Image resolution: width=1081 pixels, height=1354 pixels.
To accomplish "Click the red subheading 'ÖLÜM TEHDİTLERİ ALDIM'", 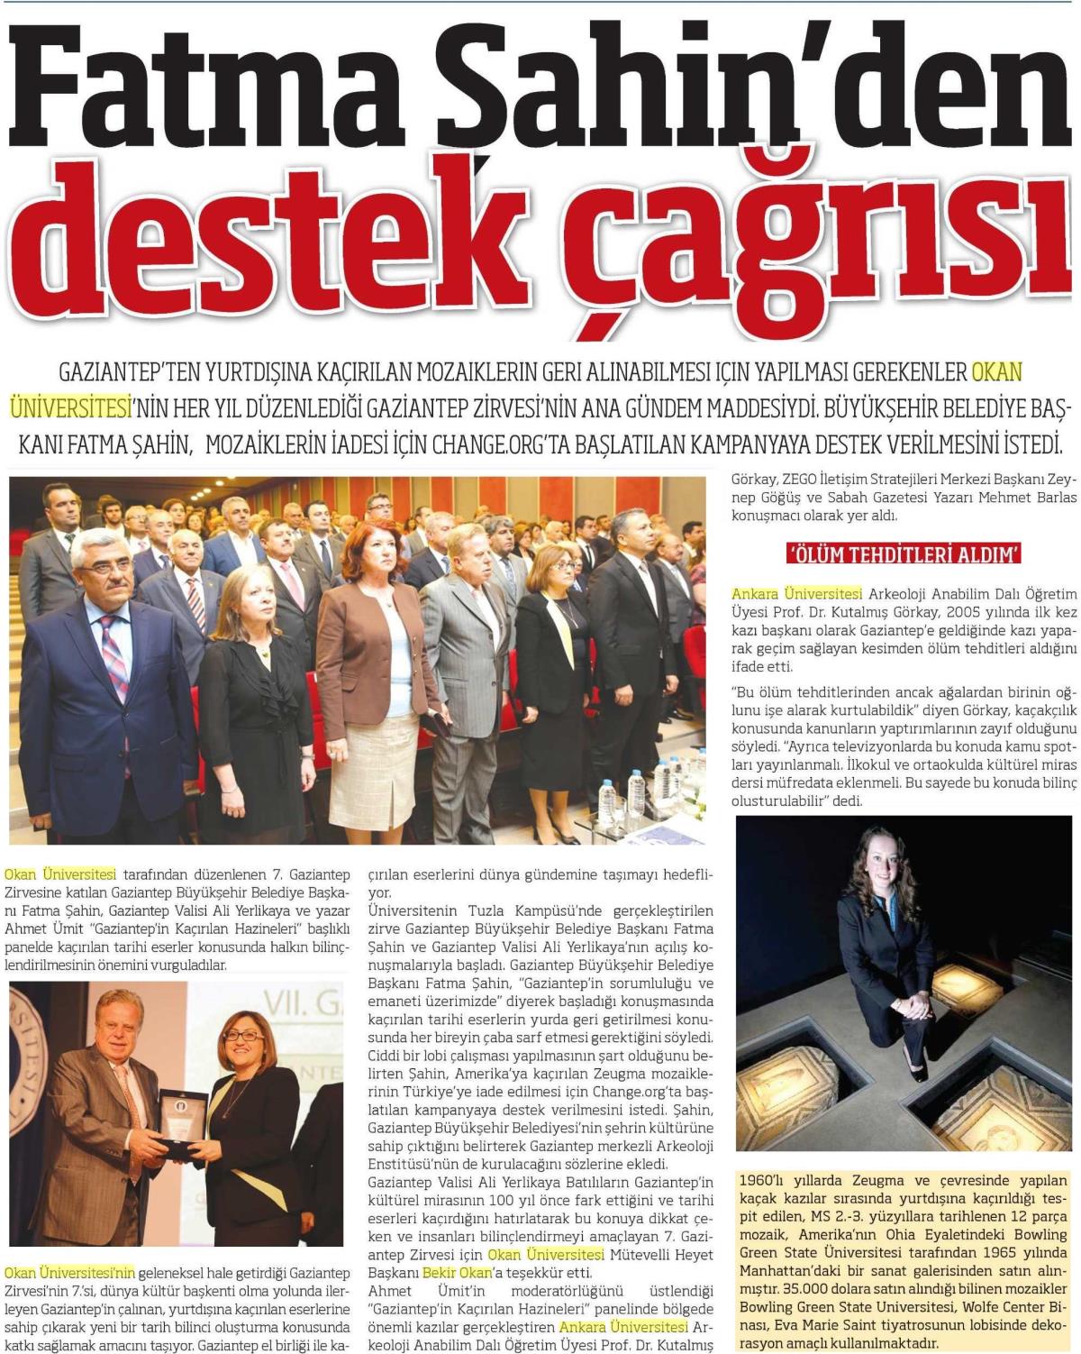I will (904, 554).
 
